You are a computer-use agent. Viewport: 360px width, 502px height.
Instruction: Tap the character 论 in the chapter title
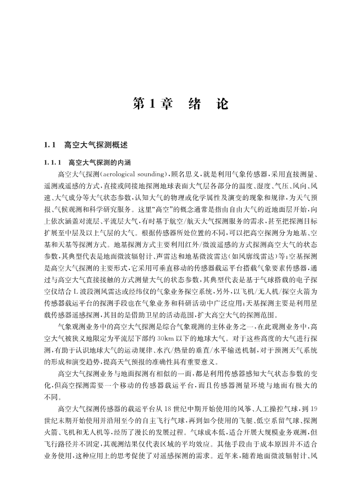coord(221,104)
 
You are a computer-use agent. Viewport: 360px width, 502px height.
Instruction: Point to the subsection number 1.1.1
coord(53,163)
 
